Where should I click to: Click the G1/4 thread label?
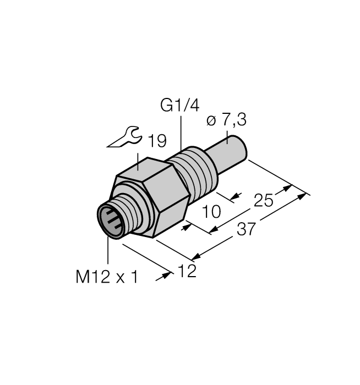tap(180, 105)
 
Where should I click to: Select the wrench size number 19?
tap(156, 141)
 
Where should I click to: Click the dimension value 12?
tap(187, 271)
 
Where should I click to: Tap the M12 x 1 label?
tap(106, 277)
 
